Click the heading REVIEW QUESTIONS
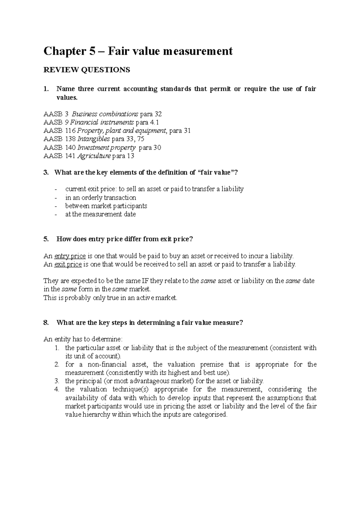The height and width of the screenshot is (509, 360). (87, 70)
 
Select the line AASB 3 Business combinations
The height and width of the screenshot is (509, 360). (103, 114)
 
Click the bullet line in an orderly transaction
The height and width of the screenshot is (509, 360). (100, 198)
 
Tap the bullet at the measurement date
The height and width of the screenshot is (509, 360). (100, 214)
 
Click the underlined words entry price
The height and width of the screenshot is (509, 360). (70, 256)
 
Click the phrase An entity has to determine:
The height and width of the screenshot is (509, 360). (83, 339)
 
